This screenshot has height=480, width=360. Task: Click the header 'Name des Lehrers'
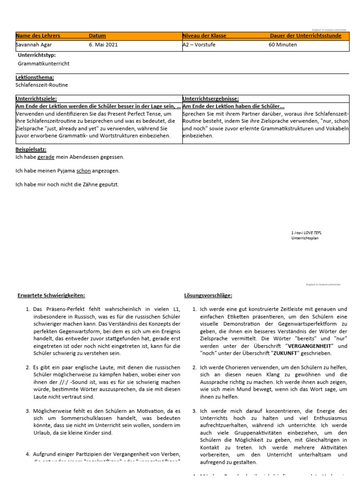(x=38, y=36)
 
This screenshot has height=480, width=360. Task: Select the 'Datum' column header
(x=97, y=36)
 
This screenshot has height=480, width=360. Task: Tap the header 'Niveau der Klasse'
(x=204, y=36)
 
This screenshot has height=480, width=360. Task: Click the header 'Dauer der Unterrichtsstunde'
(x=306, y=36)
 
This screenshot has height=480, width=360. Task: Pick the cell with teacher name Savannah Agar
(x=34, y=45)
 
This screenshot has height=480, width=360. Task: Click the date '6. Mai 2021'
(x=103, y=45)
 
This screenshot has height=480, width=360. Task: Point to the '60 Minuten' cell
(x=283, y=45)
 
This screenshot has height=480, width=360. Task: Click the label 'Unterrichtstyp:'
(x=37, y=55)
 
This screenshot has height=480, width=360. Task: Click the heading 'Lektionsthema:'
(x=35, y=77)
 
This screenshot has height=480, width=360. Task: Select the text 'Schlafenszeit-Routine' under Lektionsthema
(x=42, y=85)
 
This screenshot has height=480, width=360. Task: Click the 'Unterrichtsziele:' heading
(x=36, y=99)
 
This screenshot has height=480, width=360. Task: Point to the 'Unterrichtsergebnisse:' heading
(x=210, y=99)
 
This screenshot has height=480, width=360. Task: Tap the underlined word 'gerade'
(x=46, y=157)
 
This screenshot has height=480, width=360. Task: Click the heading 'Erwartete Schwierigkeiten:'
(x=51, y=295)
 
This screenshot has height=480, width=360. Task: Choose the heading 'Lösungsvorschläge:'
(x=208, y=295)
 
